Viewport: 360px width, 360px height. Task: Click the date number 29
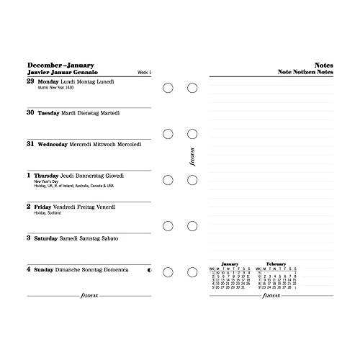click(x=30, y=81)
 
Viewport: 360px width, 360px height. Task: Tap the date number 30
click(x=30, y=113)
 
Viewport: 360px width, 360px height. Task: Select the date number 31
click(x=30, y=144)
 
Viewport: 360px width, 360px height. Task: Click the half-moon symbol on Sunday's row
click(x=148, y=269)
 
